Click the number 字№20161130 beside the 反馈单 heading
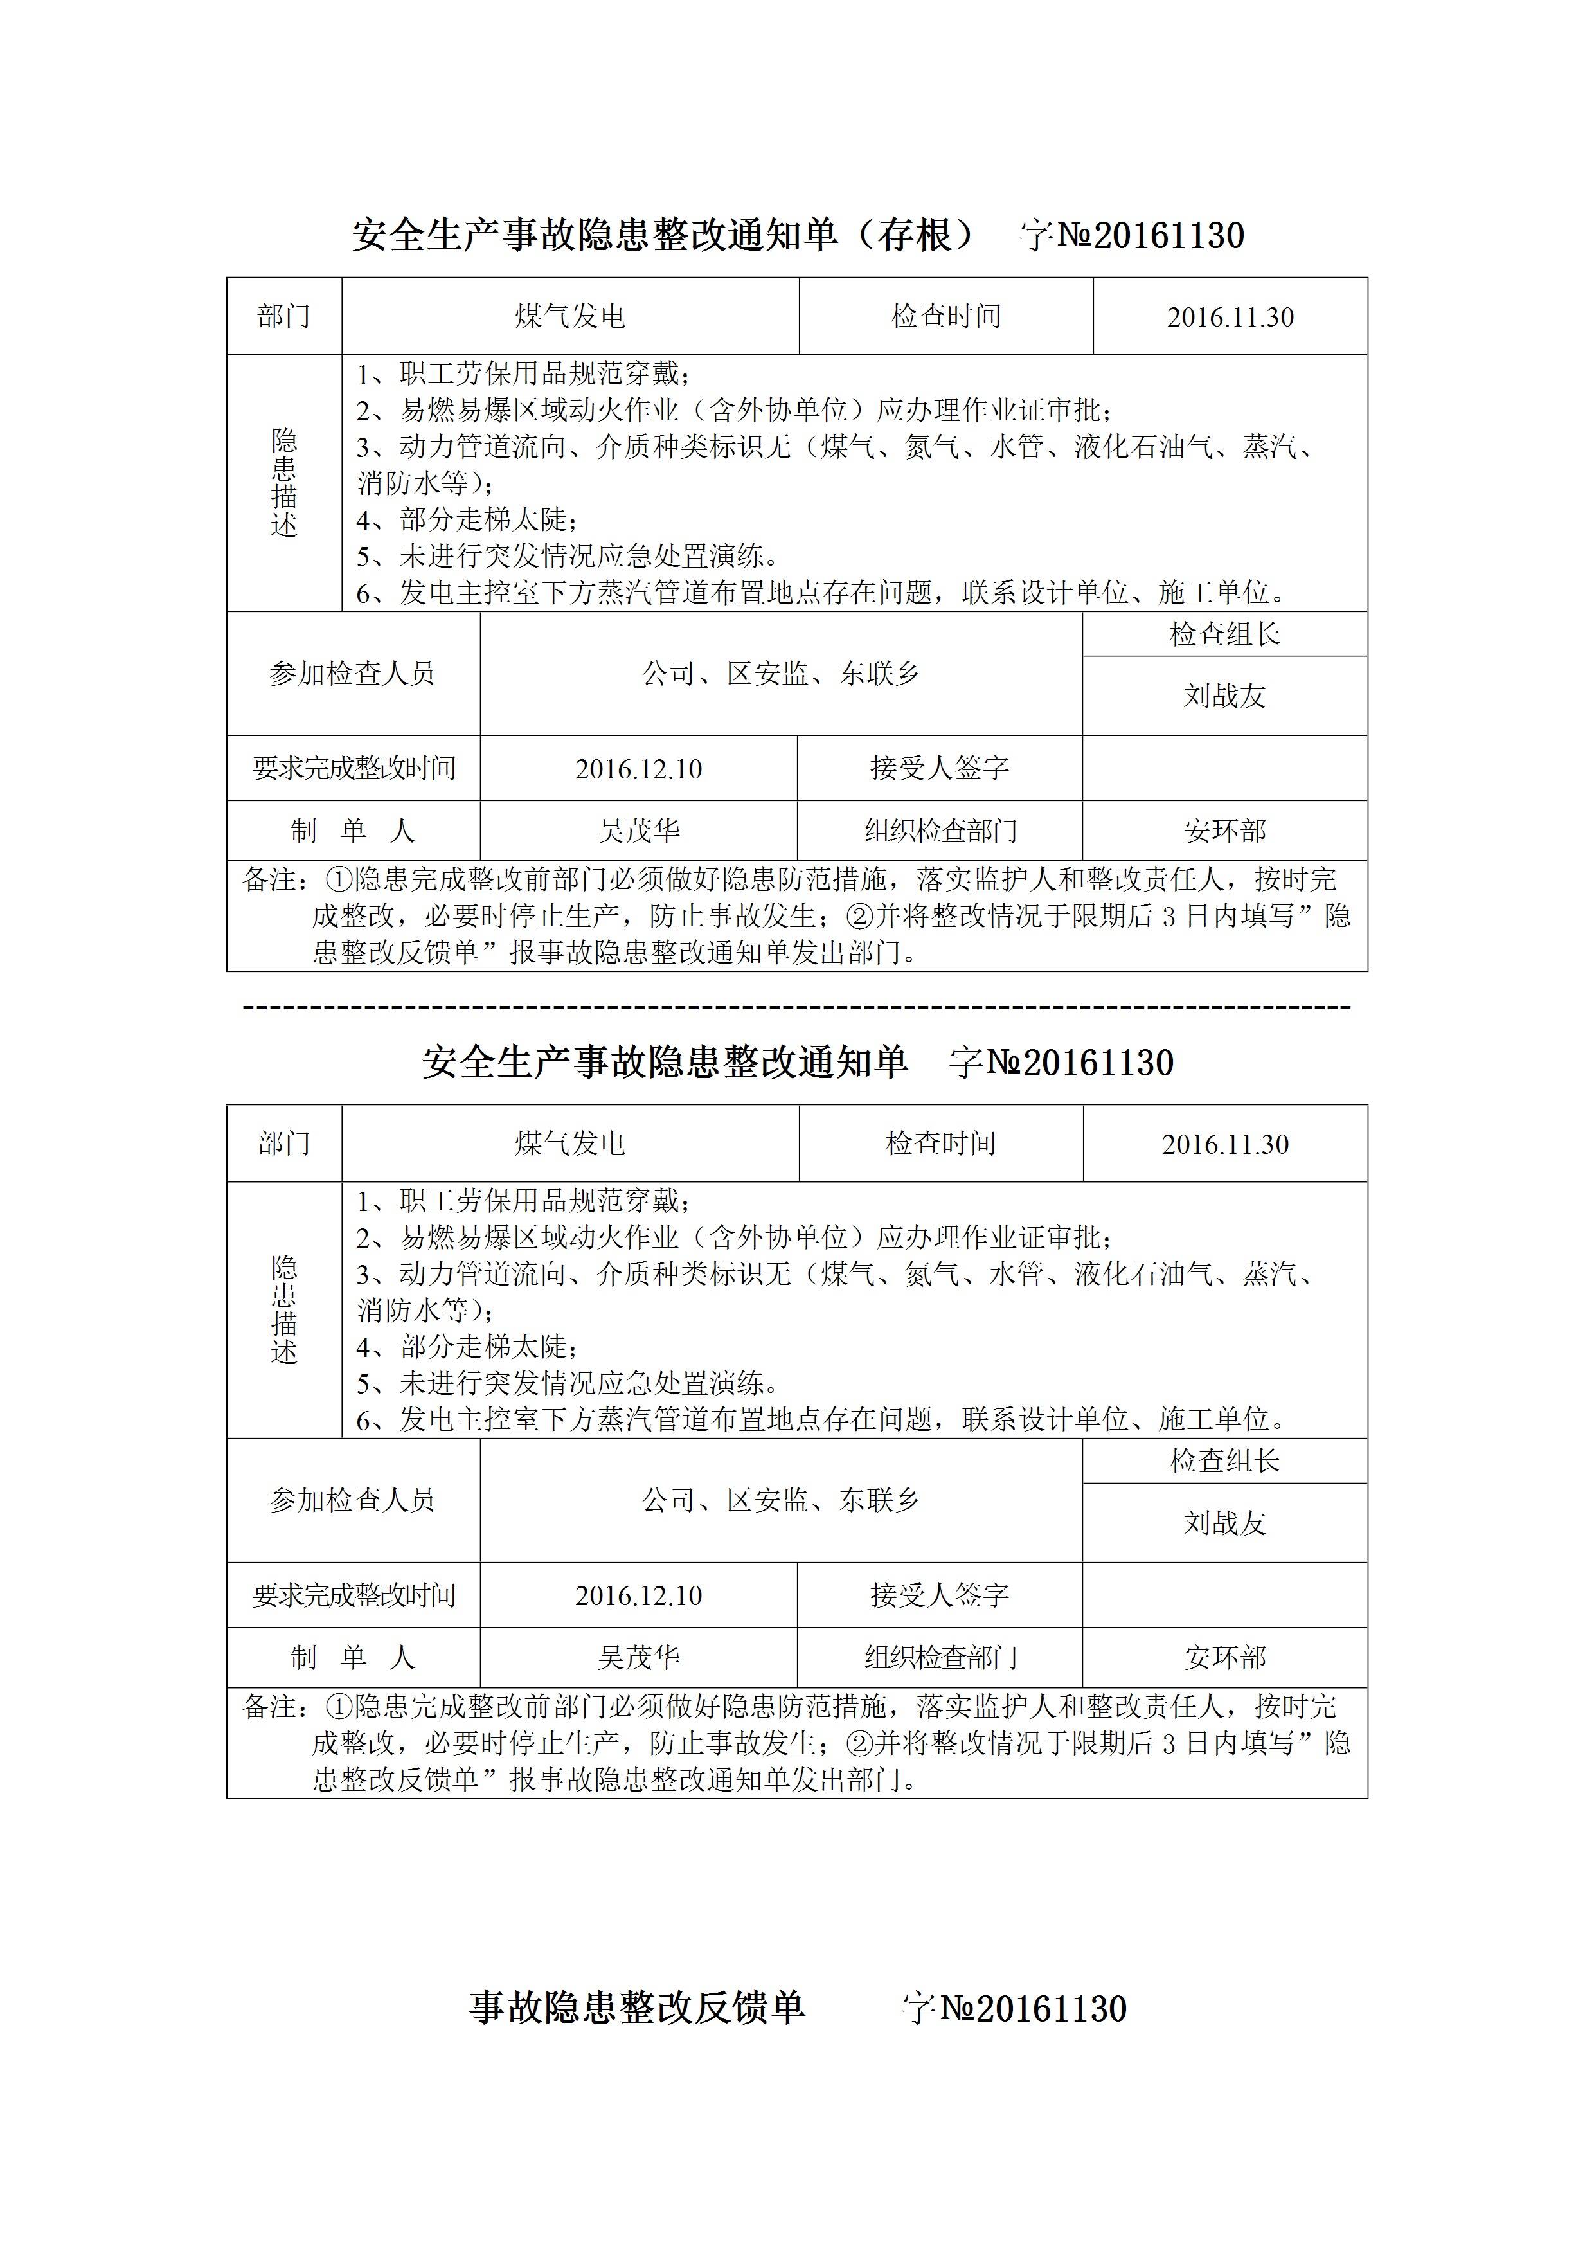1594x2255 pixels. click(1014, 2009)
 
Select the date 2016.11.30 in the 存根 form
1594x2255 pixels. click(1230, 318)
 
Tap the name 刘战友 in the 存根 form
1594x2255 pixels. click(1224, 696)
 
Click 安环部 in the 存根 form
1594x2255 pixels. click(1224, 832)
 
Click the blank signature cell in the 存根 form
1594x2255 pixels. click(1224, 768)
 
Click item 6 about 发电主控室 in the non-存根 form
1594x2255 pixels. click(821, 1420)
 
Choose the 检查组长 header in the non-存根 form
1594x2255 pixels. click(1224, 1461)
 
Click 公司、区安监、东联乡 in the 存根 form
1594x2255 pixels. click(781, 674)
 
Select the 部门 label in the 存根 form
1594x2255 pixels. click(284, 316)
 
